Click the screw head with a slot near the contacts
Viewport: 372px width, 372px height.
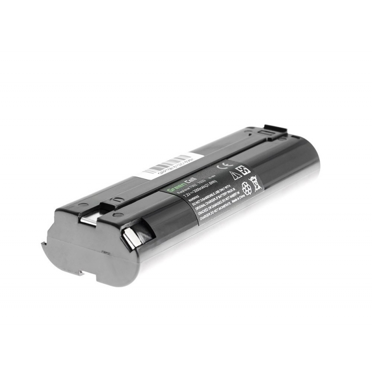114,215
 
